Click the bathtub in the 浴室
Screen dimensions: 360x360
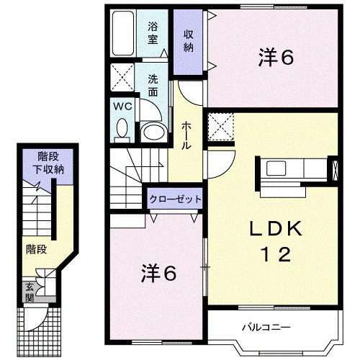(123, 33)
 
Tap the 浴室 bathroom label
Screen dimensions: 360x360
(153, 33)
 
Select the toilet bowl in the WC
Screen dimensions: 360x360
(122, 128)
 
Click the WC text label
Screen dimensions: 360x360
(122, 107)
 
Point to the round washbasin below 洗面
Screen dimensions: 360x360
(153, 132)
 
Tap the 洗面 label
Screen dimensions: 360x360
(153, 86)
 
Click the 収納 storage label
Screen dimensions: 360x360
(189, 41)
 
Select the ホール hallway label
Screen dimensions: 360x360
(186, 135)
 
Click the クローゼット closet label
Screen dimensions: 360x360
(175, 199)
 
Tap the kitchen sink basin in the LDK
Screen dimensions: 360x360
(276, 168)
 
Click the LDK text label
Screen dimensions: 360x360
(276, 229)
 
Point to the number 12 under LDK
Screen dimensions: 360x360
(276, 254)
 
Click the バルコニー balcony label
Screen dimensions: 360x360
(266, 327)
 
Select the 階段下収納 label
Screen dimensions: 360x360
(48, 163)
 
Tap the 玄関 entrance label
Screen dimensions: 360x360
(30, 293)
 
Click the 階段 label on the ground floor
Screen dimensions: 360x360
(36, 250)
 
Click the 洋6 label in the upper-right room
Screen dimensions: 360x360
(276, 58)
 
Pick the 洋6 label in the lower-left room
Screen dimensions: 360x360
(158, 274)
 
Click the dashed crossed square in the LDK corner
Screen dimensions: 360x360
(220, 127)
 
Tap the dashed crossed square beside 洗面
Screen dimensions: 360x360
(122, 77)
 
